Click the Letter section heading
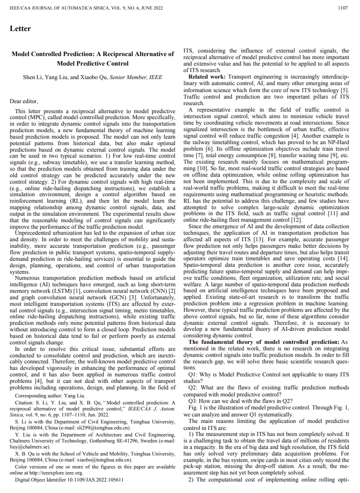21,29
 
